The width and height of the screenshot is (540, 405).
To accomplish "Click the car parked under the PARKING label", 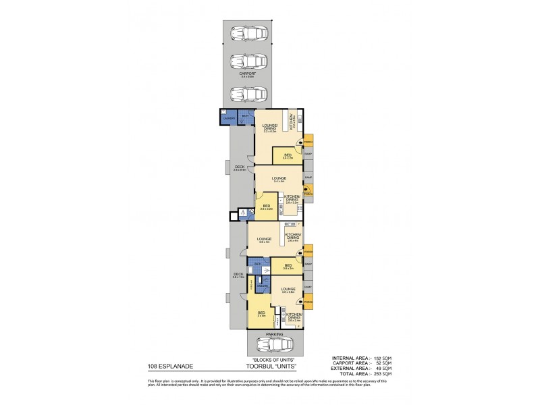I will (275, 345).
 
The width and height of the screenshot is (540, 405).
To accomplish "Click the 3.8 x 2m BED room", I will (288, 267).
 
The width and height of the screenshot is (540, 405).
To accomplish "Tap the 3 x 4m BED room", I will (262, 315).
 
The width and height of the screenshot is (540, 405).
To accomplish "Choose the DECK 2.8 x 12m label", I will (238, 275).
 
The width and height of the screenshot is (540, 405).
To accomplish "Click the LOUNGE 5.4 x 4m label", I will (278, 180).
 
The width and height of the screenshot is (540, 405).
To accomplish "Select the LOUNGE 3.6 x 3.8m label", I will (289, 291).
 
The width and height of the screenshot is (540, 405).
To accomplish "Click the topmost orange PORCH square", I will (308, 143).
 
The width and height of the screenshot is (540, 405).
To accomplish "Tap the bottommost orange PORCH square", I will (308, 301).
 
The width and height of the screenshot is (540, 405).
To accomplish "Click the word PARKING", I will (275, 333).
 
